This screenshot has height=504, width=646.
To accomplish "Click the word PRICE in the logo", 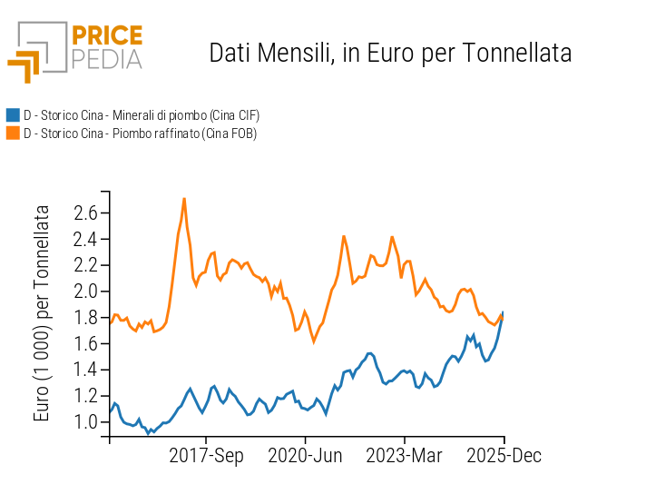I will point(107,36).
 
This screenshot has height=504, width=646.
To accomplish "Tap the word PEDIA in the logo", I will point(107,60).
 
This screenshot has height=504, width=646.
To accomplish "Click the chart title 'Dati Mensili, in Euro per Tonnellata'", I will point(390,53).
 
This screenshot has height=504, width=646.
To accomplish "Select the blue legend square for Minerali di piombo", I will point(13,115).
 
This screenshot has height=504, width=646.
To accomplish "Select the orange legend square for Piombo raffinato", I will point(13,133).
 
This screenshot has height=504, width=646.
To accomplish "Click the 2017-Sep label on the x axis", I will point(207,455).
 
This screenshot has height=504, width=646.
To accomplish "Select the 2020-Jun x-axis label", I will point(305,455).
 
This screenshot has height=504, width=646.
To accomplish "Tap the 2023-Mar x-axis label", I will point(404,455).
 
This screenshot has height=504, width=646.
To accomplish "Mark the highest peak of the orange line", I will point(184,198).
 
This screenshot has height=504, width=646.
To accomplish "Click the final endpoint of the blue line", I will point(503,312).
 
